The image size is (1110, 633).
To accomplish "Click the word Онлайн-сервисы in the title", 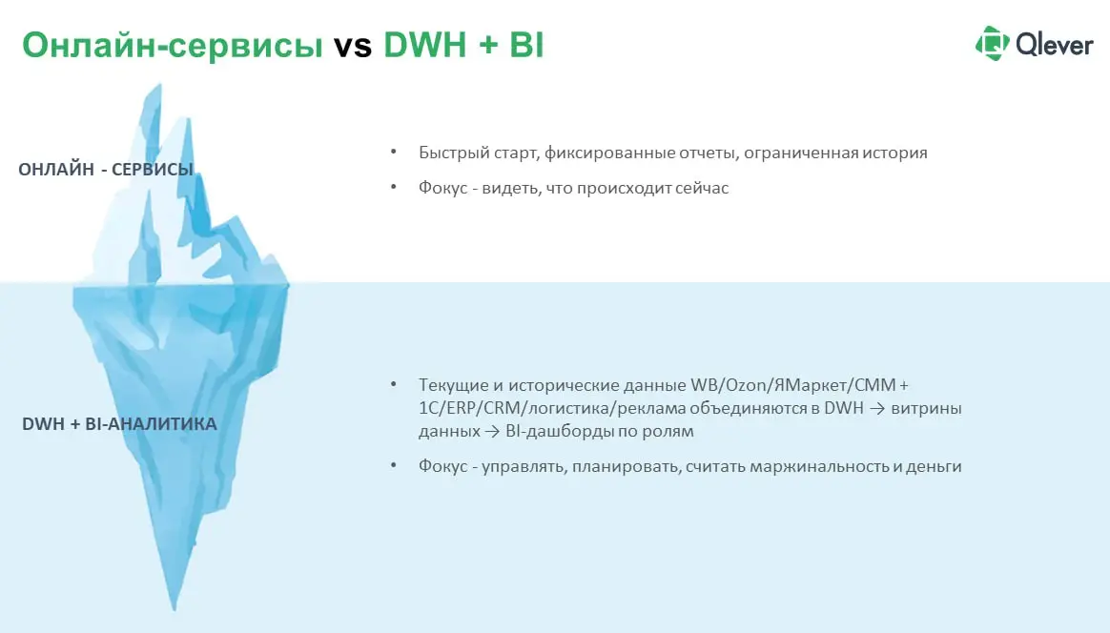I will [173, 45].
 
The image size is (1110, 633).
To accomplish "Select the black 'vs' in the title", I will [353, 46].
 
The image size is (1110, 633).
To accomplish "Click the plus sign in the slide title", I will [488, 46].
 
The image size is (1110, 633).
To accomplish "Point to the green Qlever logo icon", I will [992, 43].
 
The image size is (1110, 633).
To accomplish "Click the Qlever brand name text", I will [1054, 44].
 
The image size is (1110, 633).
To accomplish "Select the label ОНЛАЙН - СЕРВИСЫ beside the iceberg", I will [106, 170].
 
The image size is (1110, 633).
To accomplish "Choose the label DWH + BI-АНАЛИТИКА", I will [119, 423].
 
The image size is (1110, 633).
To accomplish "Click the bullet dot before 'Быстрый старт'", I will [393, 153].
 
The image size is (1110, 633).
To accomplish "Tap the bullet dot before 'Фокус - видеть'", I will [393, 188].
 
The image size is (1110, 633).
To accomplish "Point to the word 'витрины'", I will [928, 408].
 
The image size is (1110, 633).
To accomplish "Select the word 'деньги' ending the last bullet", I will [934, 466].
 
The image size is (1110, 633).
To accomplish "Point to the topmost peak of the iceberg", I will [153, 88].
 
